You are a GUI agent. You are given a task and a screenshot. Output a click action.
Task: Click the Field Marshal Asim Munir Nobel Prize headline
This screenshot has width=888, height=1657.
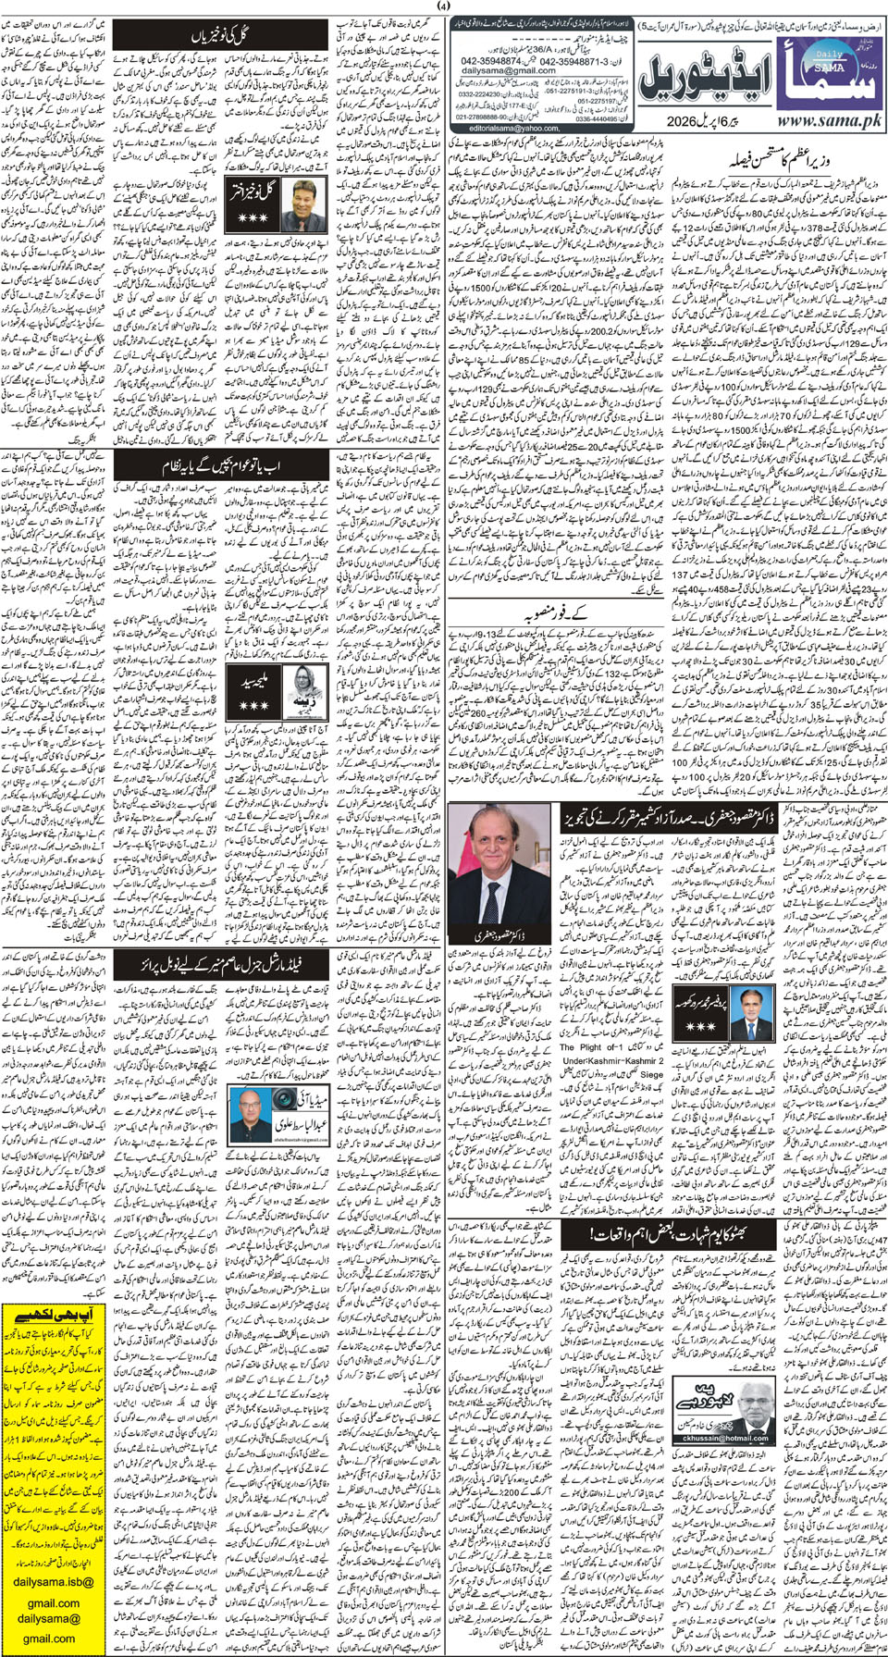click(221, 965)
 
